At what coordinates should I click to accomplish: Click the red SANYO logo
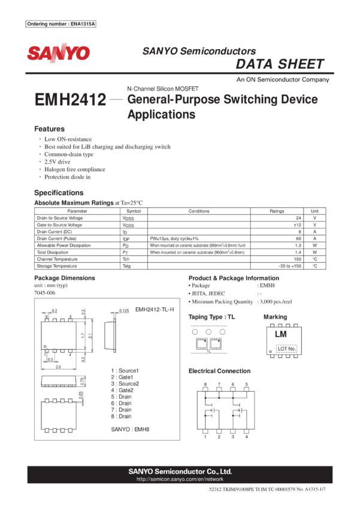(x=58, y=53)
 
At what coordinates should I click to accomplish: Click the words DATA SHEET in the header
(x=280, y=64)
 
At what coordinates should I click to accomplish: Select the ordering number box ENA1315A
(x=61, y=24)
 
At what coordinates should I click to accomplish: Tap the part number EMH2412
(x=71, y=100)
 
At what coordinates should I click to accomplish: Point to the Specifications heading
(x=59, y=193)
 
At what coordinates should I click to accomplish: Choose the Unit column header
(x=314, y=211)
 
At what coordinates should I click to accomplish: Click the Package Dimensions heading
(x=64, y=278)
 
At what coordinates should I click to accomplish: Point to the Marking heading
(x=275, y=317)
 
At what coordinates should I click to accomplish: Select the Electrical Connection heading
(x=219, y=371)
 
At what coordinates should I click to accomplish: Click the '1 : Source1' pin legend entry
(x=125, y=371)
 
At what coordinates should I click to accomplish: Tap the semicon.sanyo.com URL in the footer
(x=180, y=479)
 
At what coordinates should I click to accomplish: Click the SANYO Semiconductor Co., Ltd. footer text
(x=180, y=471)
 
